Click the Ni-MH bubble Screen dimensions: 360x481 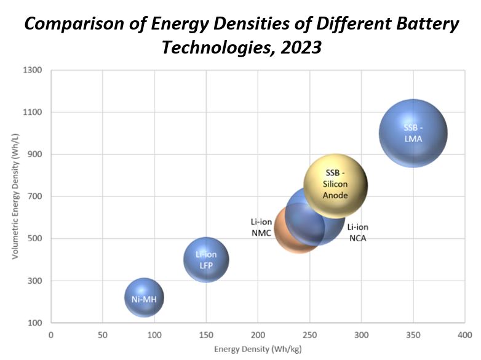pyautogui.click(x=144, y=298)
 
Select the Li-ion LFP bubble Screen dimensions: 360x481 pyautogui.click(x=206, y=260)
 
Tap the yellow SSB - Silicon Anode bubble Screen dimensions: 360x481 pyautogui.click(x=336, y=186)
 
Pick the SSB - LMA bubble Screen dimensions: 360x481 pyautogui.click(x=413, y=133)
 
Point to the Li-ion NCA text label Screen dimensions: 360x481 pyautogui.click(x=357, y=233)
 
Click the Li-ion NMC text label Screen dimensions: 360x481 pyautogui.click(x=261, y=227)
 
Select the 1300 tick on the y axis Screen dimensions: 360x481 pyautogui.click(x=33, y=70)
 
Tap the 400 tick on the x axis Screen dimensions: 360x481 pyautogui.click(x=464, y=335)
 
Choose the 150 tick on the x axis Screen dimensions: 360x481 pyautogui.click(x=206, y=335)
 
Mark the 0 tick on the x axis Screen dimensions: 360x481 pyautogui.click(x=51, y=335)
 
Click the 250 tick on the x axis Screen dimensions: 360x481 pyautogui.click(x=309, y=335)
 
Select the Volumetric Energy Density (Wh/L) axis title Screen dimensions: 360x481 pyautogui.click(x=15, y=196)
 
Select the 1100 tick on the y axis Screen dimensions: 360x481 pyautogui.click(x=33, y=112)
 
